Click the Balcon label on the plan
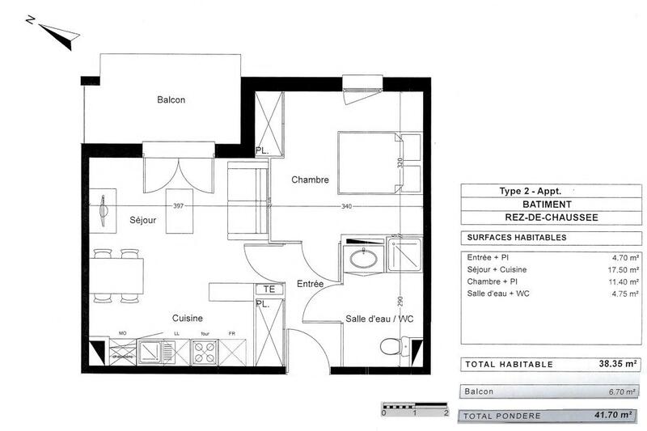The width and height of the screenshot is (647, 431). click(x=171, y=100)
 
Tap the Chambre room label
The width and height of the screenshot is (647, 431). click(x=311, y=180)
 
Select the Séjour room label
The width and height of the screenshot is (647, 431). click(x=142, y=219)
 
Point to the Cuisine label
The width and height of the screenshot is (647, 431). click(x=186, y=319)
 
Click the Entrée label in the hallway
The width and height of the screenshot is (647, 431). click(x=310, y=284)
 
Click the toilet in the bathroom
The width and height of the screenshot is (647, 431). click(x=394, y=346)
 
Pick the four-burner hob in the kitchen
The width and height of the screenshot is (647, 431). click(x=203, y=351)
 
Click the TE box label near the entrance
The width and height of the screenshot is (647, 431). click(x=268, y=289)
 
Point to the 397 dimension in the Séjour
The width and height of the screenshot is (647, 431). click(x=180, y=206)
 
